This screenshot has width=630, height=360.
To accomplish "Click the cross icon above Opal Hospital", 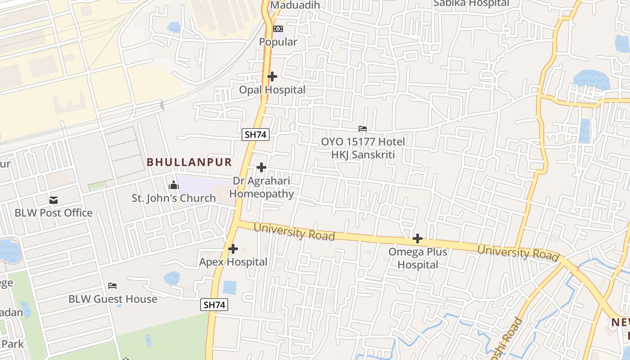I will [272, 76].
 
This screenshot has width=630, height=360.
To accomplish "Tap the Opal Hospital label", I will [272, 90].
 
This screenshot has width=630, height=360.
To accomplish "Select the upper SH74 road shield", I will [256, 135].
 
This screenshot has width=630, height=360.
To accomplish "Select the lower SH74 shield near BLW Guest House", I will [214, 305].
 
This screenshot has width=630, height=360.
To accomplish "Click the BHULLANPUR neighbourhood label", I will [189, 162].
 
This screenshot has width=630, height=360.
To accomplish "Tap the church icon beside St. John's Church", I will [173, 185].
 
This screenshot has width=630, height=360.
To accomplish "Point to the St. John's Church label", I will [174, 198].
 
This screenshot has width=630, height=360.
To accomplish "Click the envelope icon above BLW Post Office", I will [54, 200].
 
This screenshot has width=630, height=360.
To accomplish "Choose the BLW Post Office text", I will [54, 213].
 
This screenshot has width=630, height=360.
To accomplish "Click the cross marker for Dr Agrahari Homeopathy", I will [261, 168].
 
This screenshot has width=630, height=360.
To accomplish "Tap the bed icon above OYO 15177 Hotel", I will [362, 129].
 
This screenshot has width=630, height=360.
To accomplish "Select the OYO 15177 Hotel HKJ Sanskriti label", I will [363, 148].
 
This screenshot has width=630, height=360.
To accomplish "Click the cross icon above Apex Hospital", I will [233, 248].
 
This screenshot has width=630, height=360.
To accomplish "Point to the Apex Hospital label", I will [233, 262].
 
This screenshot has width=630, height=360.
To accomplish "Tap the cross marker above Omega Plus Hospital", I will [418, 238].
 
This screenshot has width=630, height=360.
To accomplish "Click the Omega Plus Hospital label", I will [418, 258].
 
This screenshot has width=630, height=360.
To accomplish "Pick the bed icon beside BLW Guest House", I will [112, 286].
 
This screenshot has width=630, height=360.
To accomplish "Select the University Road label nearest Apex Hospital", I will [294, 232].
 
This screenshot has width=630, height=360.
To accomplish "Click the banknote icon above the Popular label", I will [278, 29].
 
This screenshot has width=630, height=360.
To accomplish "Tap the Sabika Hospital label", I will [471, 4].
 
